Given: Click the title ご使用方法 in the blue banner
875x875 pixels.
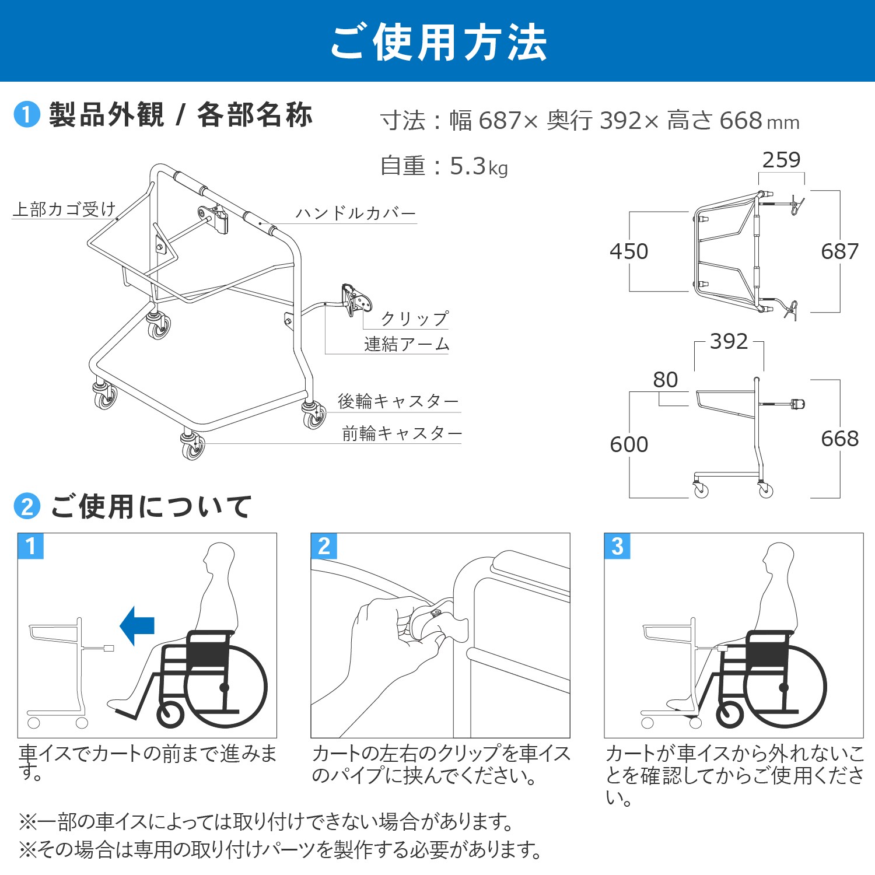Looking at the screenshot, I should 438,43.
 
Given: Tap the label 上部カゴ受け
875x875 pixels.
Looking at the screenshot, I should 64,209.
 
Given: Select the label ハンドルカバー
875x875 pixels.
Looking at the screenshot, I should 356,213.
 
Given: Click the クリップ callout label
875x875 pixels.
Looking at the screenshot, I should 415,318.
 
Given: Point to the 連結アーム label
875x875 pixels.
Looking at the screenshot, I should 407,344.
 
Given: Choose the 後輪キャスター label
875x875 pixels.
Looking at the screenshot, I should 398,401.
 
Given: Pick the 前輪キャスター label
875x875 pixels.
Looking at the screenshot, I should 402,433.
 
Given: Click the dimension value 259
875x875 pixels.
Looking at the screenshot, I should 781,160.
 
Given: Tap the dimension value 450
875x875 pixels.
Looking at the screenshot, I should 629,251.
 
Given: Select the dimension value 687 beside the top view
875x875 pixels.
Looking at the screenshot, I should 839,251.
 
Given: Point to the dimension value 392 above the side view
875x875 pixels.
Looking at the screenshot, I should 729,341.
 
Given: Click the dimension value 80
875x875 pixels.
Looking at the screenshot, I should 665,380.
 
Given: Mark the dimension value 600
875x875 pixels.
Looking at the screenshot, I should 629,444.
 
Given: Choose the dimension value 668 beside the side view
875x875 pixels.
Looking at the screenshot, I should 839,439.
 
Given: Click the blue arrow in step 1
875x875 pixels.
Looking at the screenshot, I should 138,625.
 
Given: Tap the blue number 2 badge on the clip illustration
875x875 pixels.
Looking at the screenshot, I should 324,547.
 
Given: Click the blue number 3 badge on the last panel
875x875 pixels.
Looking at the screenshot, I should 617,547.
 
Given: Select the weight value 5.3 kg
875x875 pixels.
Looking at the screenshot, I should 478,167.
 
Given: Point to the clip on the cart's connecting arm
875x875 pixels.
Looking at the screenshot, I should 356,299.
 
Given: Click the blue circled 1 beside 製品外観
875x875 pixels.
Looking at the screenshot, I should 27,115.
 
